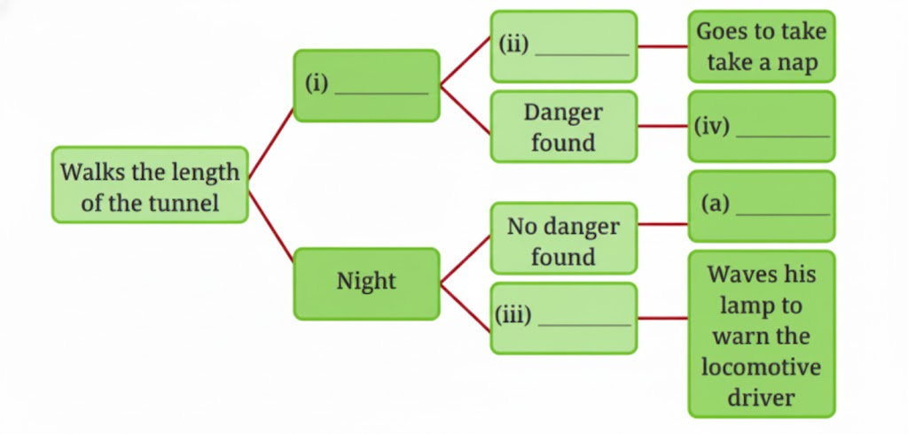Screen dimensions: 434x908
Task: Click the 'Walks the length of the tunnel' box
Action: click(149, 185)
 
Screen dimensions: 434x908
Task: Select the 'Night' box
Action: click(366, 283)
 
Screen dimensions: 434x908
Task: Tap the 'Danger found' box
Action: click(563, 127)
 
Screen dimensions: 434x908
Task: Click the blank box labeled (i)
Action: click(366, 85)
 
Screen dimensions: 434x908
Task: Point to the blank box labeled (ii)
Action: click(563, 46)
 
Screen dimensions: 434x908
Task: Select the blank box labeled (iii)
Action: click(563, 318)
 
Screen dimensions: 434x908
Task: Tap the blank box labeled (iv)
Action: click(761, 127)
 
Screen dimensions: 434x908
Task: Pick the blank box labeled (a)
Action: click(761, 205)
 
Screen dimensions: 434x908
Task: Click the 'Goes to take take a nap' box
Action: click(761, 47)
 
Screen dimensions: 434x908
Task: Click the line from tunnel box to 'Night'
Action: click(270, 227)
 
